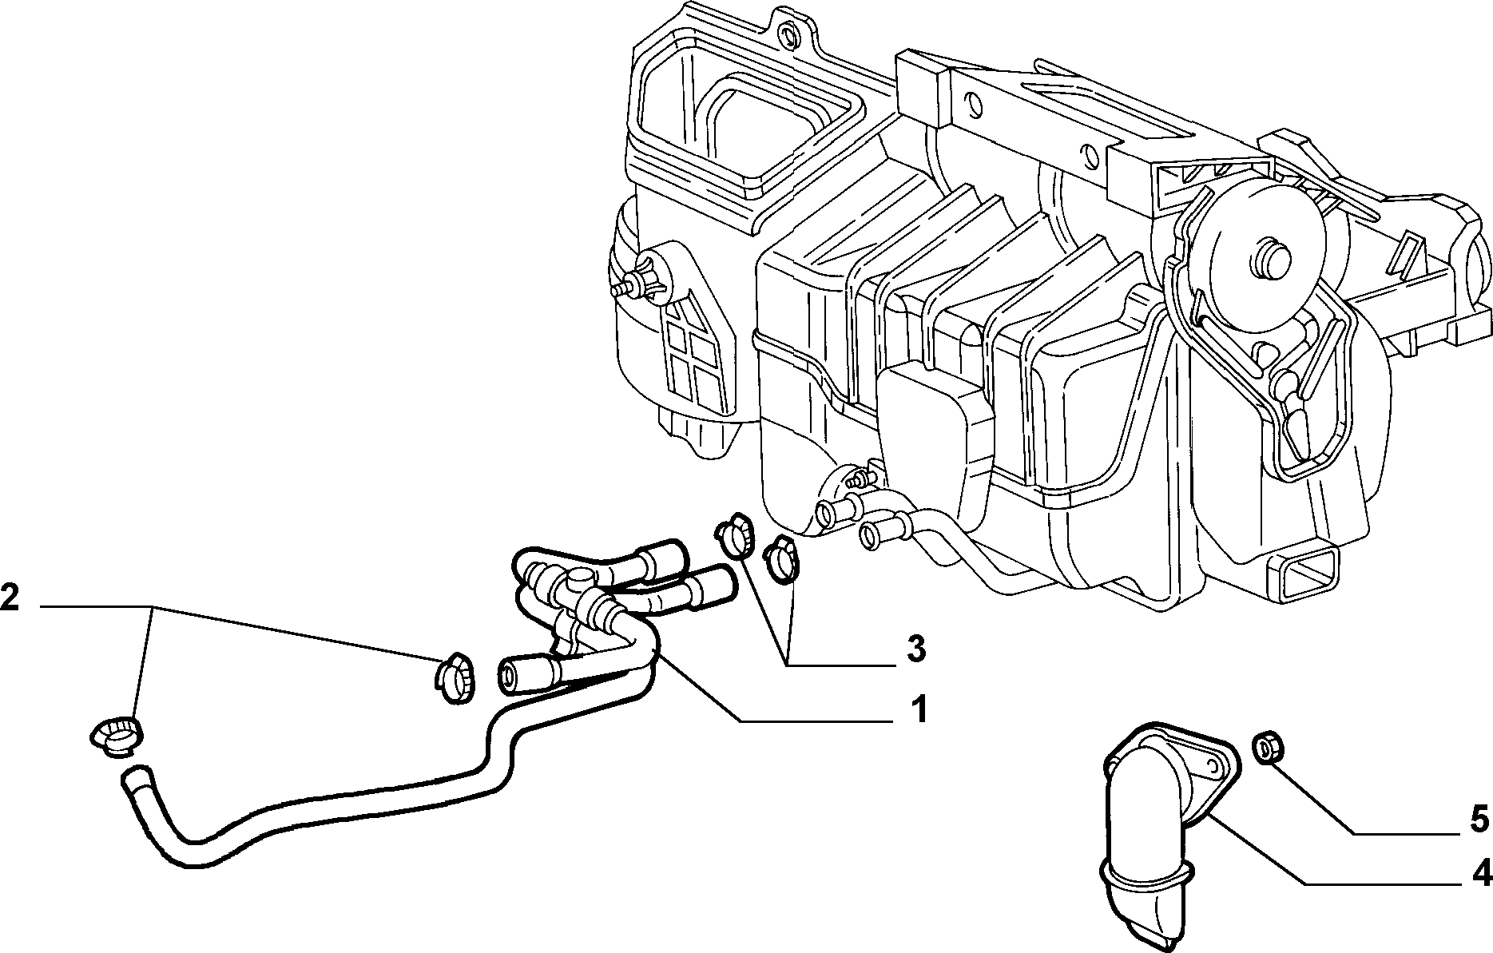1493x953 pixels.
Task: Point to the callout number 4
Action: pos(1482,875)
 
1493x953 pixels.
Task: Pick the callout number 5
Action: pos(1480,819)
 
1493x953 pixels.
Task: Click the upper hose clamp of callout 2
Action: pos(454,678)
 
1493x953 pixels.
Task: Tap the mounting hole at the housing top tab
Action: pos(790,33)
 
